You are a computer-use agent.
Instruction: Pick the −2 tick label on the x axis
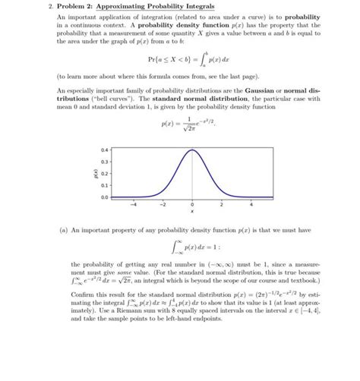[163, 204]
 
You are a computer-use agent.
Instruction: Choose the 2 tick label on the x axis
[222, 204]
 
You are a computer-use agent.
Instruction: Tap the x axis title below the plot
[192, 212]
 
